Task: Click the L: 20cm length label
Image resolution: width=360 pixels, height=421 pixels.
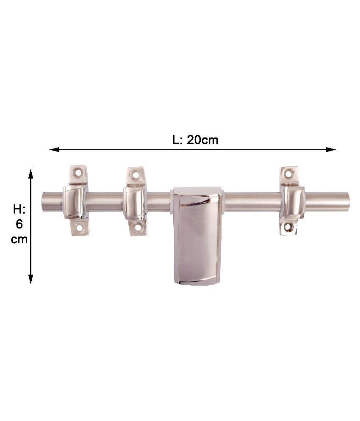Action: (x=195, y=140)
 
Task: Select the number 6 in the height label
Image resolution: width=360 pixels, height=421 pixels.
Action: (x=19, y=224)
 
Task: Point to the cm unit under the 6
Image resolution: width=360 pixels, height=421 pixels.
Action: (x=19, y=239)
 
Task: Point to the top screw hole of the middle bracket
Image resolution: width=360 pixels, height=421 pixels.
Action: (x=136, y=174)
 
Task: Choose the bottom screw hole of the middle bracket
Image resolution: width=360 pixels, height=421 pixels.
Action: (x=138, y=228)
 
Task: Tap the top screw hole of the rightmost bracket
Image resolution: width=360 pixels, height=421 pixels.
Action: (x=288, y=173)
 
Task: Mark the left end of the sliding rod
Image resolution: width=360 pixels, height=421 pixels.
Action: (x=44, y=202)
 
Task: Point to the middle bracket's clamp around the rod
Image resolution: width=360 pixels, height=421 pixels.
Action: (x=134, y=201)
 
